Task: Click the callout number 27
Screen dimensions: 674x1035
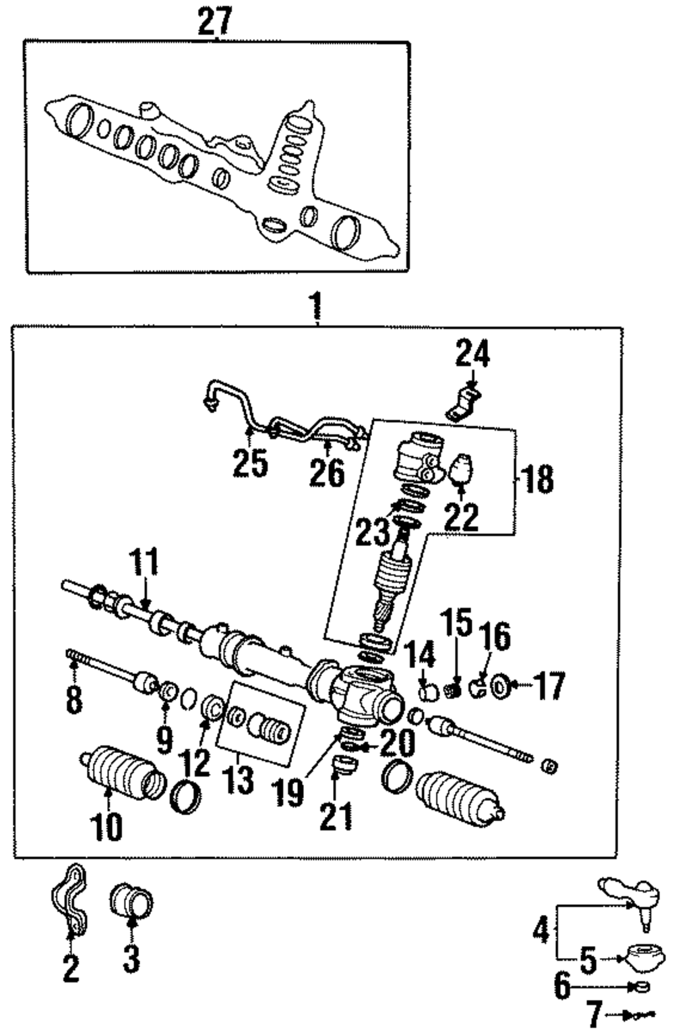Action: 214,22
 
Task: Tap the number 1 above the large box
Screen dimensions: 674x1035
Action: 316,306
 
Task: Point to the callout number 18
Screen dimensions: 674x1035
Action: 537,480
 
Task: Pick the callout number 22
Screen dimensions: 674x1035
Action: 461,517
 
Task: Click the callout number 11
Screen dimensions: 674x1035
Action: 144,561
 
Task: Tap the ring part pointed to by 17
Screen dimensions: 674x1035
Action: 500,687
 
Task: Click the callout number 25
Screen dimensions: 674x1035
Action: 250,464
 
